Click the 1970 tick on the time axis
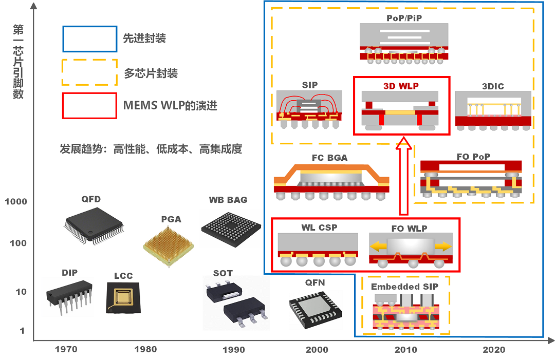66,350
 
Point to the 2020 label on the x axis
494,350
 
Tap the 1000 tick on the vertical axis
16,202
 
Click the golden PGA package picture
169,244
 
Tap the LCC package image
123,297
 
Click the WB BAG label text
228,200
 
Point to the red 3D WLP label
401,86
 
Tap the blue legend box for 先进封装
90,39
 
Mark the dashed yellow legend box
90,72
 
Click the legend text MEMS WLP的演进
170,106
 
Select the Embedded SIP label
405,287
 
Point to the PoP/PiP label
404,18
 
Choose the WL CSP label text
319,227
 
